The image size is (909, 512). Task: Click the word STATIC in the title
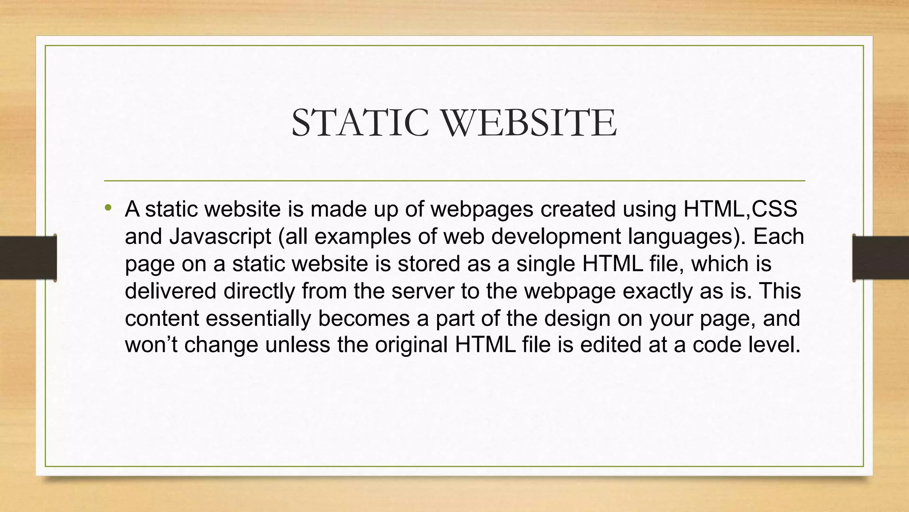coord(360,123)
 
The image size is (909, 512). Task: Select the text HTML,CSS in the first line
coord(740,209)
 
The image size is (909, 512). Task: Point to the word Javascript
coord(220,236)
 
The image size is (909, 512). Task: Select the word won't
coord(151,345)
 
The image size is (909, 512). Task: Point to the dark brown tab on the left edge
coord(28,258)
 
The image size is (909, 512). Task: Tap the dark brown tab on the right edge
coord(881,258)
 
